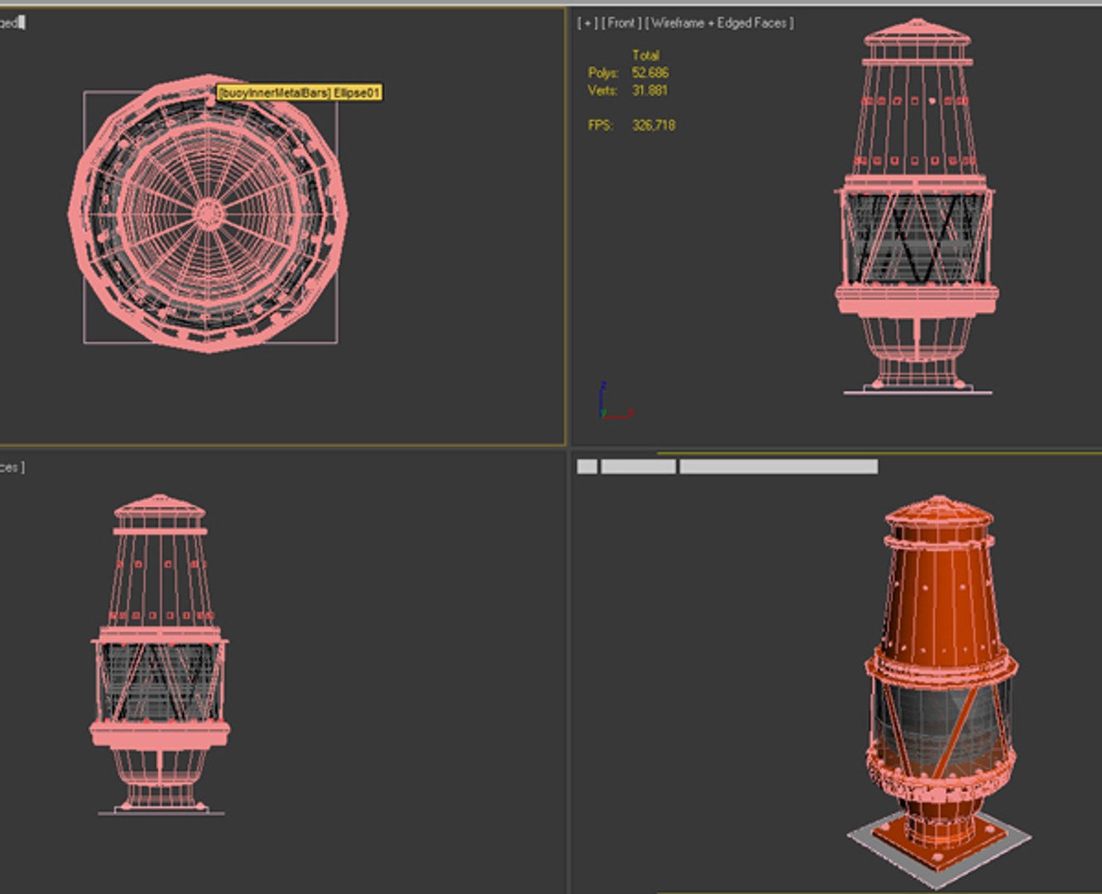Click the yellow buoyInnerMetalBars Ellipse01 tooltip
click(x=299, y=93)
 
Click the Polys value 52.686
click(x=650, y=73)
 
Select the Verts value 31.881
click(x=650, y=90)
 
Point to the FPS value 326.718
click(x=653, y=125)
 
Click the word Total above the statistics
click(x=646, y=55)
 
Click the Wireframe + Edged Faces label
click(x=720, y=23)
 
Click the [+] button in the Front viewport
click(x=588, y=23)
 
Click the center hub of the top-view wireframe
click(x=208, y=214)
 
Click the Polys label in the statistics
click(x=603, y=73)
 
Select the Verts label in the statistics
click(x=602, y=90)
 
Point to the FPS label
click(x=600, y=125)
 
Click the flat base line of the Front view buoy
click(x=917, y=392)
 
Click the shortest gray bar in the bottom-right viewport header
click(x=587, y=467)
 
